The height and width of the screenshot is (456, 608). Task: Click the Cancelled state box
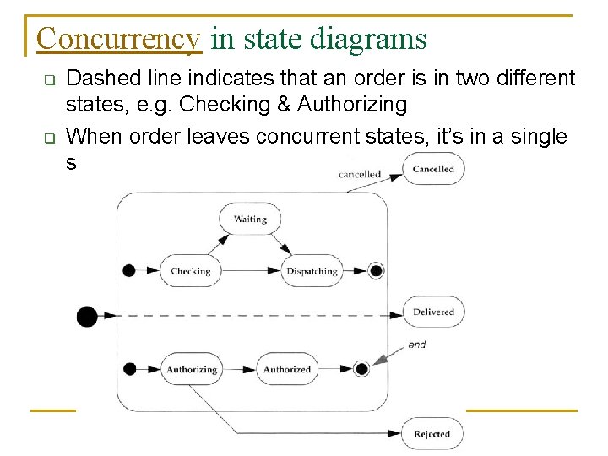(433, 169)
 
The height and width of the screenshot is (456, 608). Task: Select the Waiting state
(250, 220)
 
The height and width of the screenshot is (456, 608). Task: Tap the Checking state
(190, 271)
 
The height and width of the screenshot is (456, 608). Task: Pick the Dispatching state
(312, 271)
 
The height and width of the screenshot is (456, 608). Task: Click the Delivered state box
(433, 312)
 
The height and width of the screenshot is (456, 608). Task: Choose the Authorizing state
(192, 369)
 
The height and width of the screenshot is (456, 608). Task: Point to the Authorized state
(287, 369)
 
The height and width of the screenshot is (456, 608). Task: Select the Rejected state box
(432, 434)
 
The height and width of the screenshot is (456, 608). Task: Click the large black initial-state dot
(87, 317)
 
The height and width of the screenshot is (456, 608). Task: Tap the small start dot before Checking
(129, 271)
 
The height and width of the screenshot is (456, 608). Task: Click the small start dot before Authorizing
(129, 369)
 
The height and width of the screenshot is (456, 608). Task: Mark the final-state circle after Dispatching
(377, 271)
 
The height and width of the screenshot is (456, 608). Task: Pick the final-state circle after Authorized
(361, 369)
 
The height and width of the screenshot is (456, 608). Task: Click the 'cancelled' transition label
(360, 175)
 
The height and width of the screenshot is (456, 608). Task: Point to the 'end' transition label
(417, 345)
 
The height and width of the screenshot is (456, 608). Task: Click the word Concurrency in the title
(118, 39)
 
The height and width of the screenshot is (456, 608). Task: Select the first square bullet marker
(49, 82)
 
